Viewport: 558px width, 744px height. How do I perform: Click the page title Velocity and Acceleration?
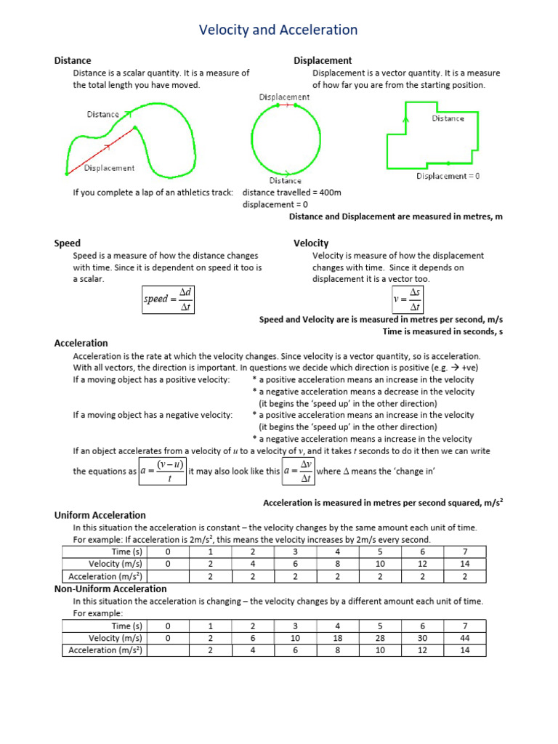(x=279, y=30)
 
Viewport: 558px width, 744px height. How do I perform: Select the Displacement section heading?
(x=323, y=61)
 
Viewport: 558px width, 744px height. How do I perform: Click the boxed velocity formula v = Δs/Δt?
(x=407, y=299)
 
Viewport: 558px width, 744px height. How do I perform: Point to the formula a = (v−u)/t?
(x=163, y=471)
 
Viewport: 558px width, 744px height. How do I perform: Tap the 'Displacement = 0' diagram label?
(x=448, y=176)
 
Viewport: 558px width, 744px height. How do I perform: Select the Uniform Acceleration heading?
(x=100, y=515)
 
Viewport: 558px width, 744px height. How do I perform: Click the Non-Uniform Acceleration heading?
(x=110, y=589)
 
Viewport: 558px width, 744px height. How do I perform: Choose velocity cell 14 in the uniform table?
(x=465, y=564)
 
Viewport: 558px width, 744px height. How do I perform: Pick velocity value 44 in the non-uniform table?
(x=465, y=638)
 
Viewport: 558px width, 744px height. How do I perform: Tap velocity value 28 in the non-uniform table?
(x=380, y=638)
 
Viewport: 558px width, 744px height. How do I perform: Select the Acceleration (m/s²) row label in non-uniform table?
(x=106, y=650)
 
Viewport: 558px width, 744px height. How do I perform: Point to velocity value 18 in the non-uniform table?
(x=338, y=638)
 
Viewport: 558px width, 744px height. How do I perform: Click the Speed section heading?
(x=68, y=243)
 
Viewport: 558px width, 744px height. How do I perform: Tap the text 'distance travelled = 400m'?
(x=291, y=193)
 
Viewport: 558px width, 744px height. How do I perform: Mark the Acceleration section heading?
(x=81, y=343)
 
